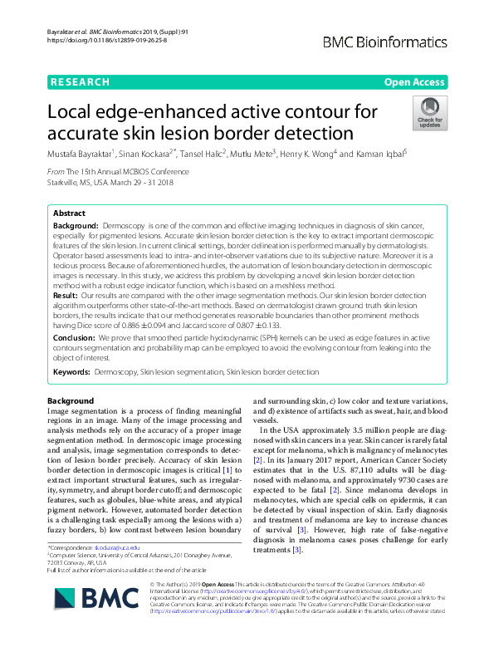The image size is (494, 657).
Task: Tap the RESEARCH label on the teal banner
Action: pyautogui.click(x=80, y=82)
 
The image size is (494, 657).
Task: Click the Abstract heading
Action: pyautogui.click(x=69, y=213)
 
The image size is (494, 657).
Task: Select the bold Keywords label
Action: pyautogui.click(x=71, y=373)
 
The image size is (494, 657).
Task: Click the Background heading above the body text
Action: pyautogui.click(x=71, y=401)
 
